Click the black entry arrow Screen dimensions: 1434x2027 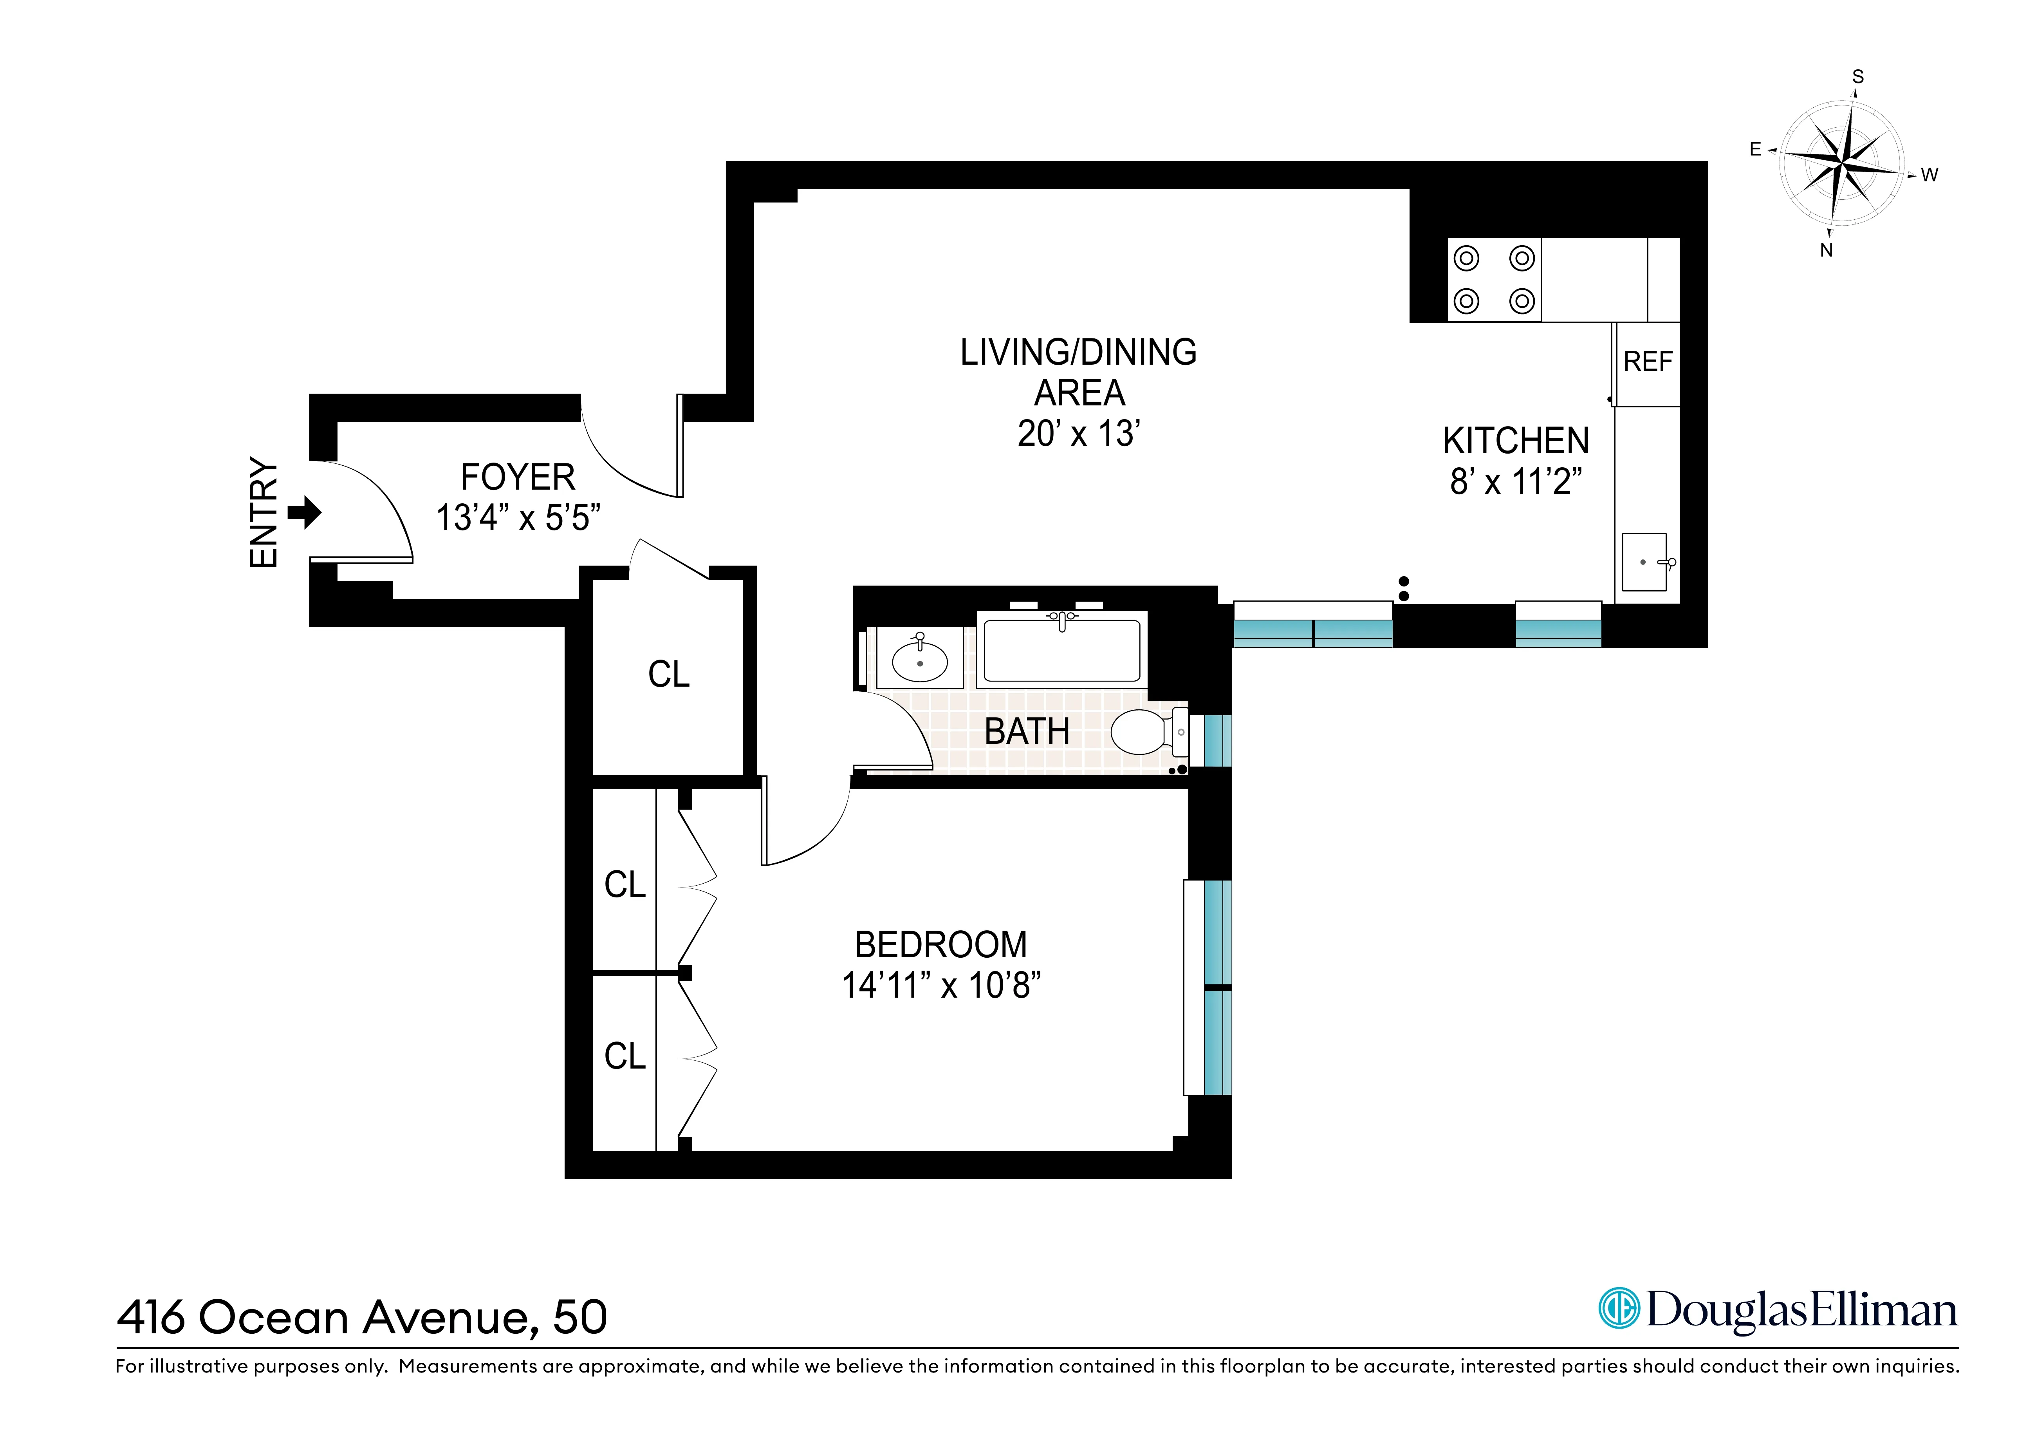[305, 512]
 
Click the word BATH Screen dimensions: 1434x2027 [1027, 732]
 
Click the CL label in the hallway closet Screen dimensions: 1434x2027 [668, 675]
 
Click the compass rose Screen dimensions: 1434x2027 [1841, 163]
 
